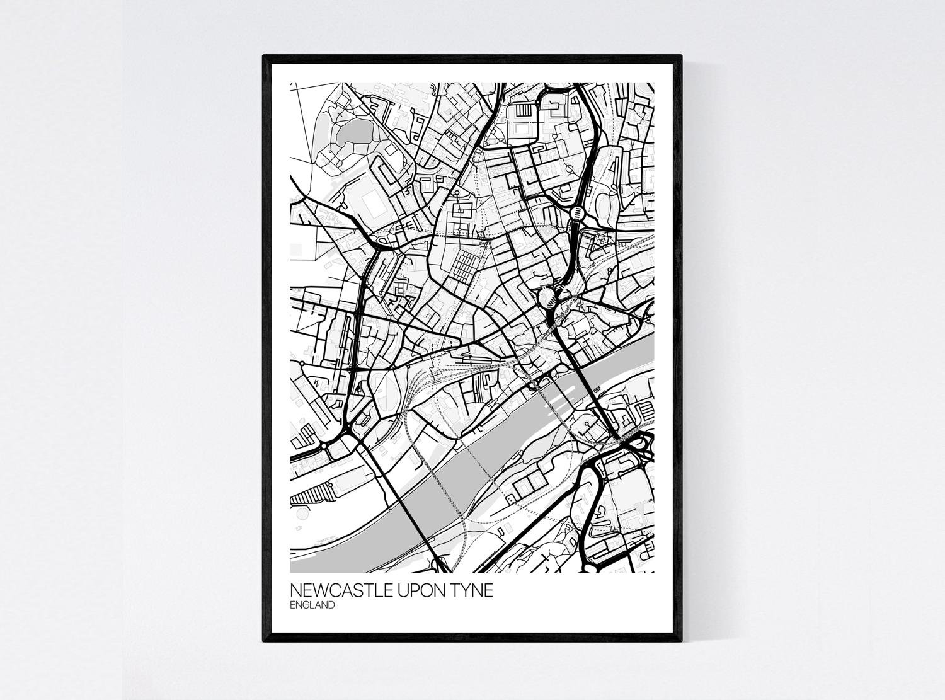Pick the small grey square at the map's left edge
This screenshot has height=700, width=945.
pyautogui.click(x=294, y=250)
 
